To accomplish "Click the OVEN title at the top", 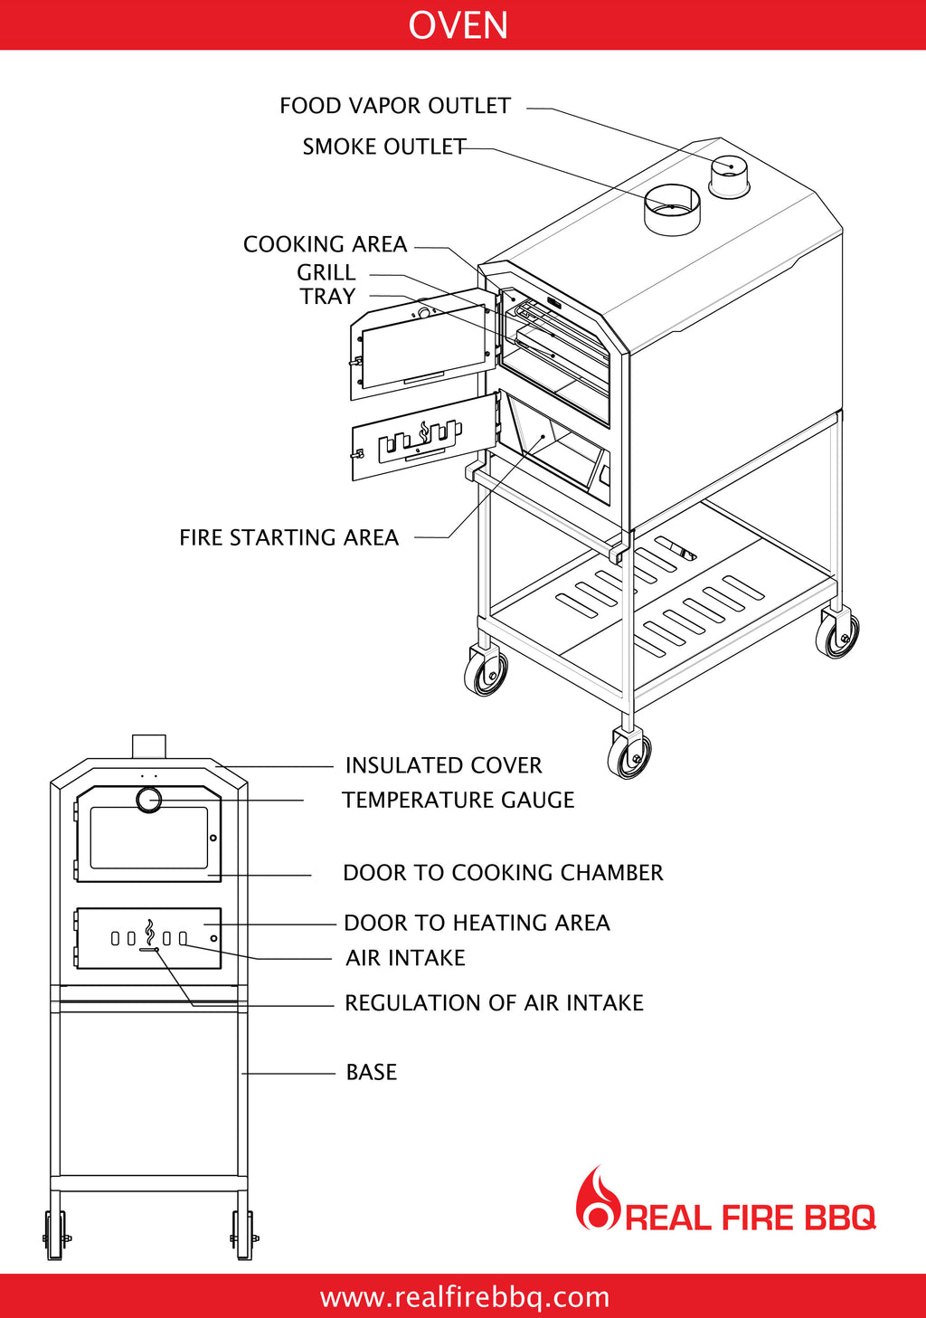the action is click(458, 24).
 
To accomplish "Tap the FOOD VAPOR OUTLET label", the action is click(395, 106).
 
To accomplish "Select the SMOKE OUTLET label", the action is click(384, 147).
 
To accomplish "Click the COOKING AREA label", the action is click(325, 244).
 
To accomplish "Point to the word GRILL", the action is click(326, 272).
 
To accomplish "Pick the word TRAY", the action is click(328, 296).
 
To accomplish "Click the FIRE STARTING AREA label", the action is click(288, 538).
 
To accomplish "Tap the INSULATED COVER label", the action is click(443, 765).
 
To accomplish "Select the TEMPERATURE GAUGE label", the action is click(458, 801).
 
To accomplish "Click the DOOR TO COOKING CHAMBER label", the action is click(503, 873).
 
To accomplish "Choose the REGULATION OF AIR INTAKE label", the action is click(494, 1003).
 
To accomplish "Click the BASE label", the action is click(372, 1073).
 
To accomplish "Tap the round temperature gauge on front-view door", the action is click(149, 801).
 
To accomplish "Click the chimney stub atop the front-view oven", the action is click(149, 746).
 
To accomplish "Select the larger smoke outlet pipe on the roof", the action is click(672, 212).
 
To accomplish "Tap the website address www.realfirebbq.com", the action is click(464, 1297).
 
